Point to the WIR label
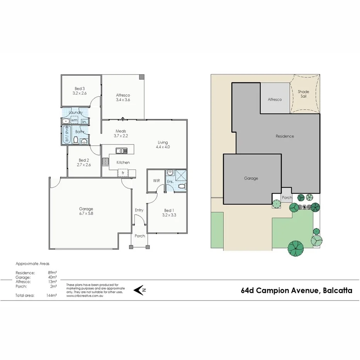pos(156,180)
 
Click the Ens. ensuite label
pos(170,181)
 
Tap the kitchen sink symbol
pos(121,151)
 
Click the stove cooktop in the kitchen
pos(105,162)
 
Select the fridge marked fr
pos(123,172)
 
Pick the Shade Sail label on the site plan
pos(304,94)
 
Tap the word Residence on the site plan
pos(285,136)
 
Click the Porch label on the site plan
pos(287,198)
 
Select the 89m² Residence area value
pos(53,273)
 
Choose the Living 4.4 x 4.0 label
pos(163,144)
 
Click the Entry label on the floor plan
pos(139,210)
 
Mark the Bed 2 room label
pos(84,163)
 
